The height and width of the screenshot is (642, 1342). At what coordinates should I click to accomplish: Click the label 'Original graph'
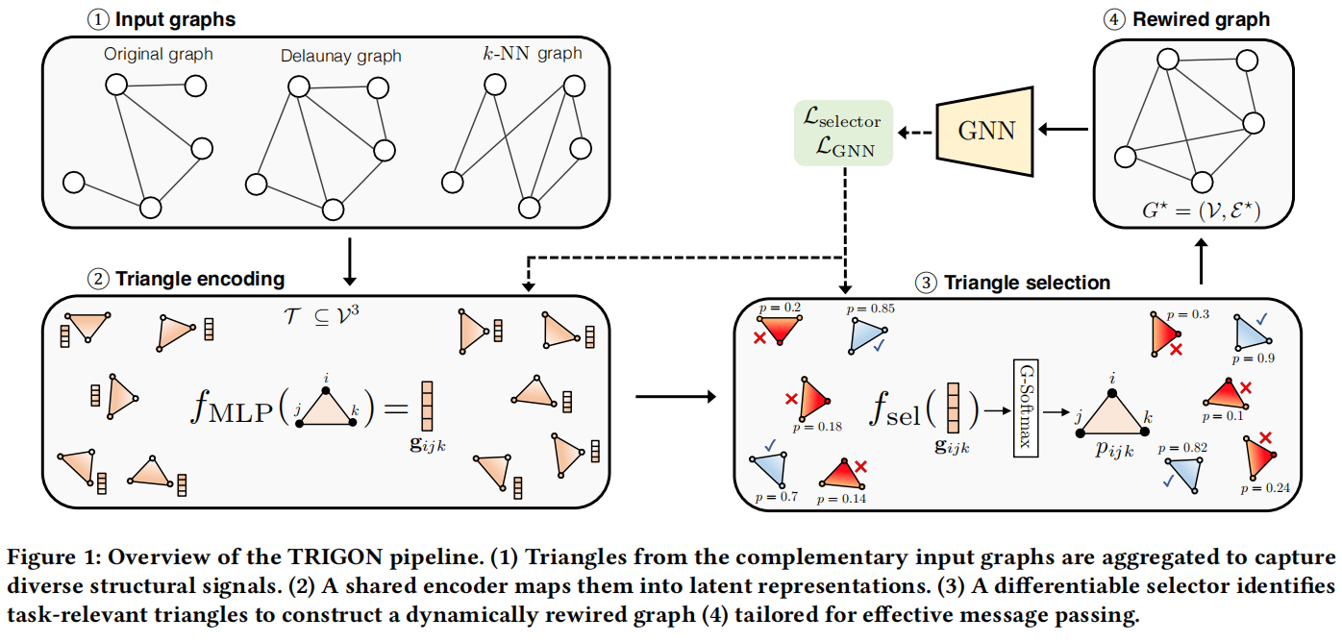(160, 55)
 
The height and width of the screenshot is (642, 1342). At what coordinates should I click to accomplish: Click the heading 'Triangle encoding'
(200, 280)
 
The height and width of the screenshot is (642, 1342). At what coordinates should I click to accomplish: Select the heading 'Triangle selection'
(1027, 283)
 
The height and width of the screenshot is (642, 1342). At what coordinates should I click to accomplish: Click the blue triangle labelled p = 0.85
(865, 335)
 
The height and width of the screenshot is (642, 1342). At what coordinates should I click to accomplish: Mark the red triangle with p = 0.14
(840, 473)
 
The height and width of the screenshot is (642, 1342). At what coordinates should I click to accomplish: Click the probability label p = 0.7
(771, 498)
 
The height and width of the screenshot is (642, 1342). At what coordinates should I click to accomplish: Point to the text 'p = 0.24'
(1264, 488)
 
